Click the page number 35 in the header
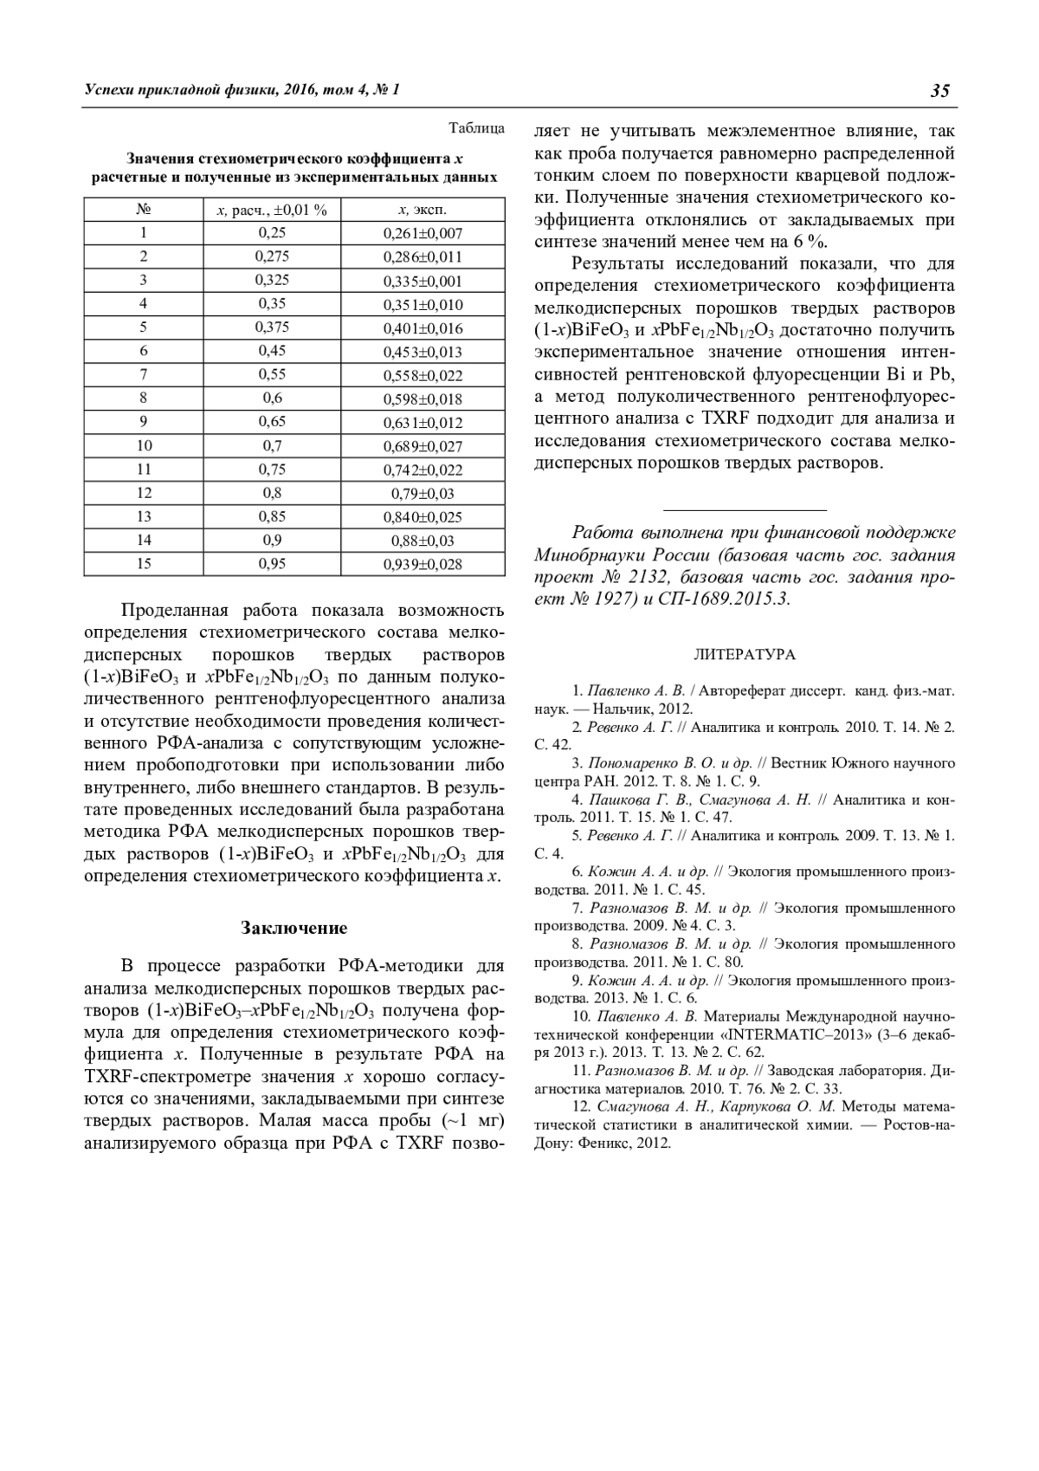[x=941, y=91]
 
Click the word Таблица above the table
[x=476, y=128]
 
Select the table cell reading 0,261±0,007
[x=423, y=233]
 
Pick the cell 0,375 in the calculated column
[x=272, y=327]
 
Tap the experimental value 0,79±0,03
[x=423, y=494]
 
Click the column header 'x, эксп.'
[x=423, y=210]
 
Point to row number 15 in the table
[x=144, y=564]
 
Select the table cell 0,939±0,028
[x=423, y=565]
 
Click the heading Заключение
[x=294, y=928]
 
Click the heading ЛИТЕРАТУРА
[x=745, y=655]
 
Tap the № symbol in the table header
[x=144, y=210]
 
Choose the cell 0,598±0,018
[x=423, y=399]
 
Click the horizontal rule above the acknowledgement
[x=745, y=510]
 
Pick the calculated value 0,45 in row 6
[x=272, y=352]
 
